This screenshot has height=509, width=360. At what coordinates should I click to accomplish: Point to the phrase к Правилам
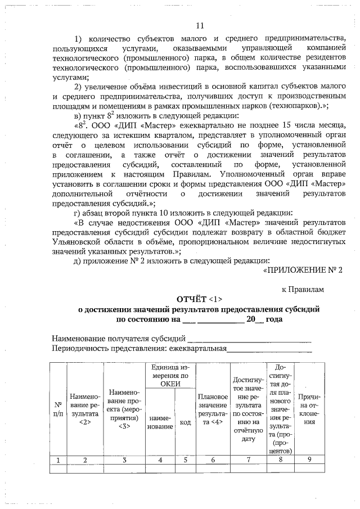click(x=303, y=289)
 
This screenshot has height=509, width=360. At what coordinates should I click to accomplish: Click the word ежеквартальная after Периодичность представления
click(x=193, y=349)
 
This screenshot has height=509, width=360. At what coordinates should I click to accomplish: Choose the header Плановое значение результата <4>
click(x=213, y=409)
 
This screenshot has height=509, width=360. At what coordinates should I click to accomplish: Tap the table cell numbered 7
click(x=248, y=460)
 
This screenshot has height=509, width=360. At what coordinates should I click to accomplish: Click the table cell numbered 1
click(x=58, y=460)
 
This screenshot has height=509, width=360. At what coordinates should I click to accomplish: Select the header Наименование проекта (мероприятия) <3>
click(x=125, y=409)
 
